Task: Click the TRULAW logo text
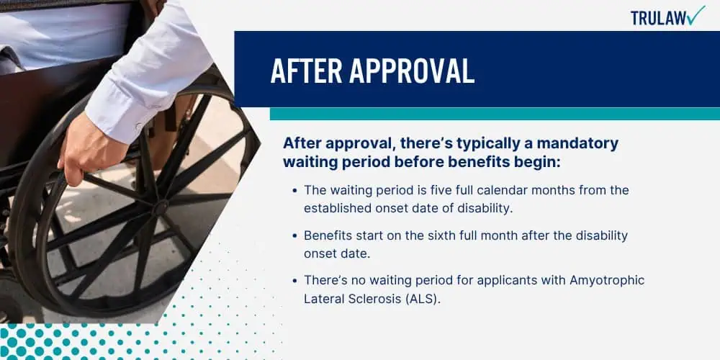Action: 659,18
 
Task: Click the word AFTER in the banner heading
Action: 306,71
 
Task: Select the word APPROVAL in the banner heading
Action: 411,71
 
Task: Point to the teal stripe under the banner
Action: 495,114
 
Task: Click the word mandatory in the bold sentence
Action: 577,143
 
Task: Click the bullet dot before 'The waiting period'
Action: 294,190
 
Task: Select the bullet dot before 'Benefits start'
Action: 294,235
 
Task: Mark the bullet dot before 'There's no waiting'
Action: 294,281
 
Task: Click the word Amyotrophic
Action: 607,281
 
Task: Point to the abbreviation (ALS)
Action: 421,299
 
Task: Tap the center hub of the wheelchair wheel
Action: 161,207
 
